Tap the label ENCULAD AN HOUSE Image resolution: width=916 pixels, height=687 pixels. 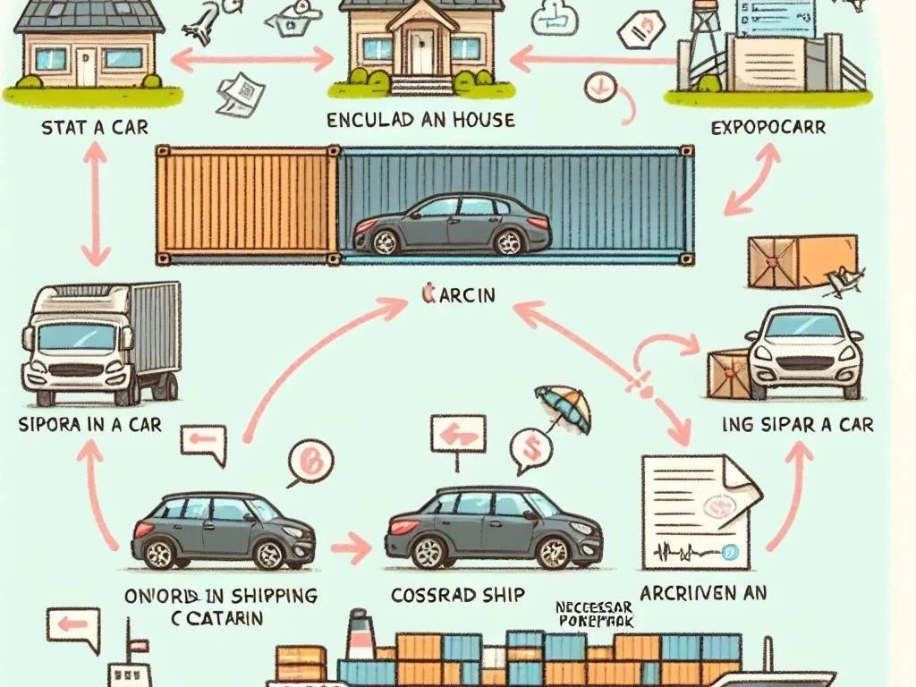[420, 120]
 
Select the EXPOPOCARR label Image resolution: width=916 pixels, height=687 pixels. [768, 127]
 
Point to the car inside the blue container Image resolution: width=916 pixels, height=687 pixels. [452, 224]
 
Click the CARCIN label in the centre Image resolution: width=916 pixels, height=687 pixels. [457, 294]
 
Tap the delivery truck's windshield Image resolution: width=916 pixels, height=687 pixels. [76, 337]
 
